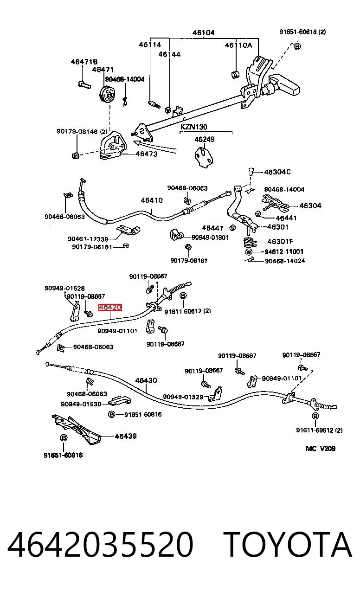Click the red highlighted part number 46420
point(110,307)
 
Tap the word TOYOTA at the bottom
point(288,544)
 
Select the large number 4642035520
point(100,544)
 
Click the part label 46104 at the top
point(204,33)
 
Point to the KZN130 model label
point(194,127)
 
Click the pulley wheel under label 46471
point(108,95)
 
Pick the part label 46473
point(147,154)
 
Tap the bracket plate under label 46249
point(204,158)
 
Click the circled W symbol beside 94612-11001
point(249,252)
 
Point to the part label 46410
point(152,200)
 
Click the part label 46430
point(146,380)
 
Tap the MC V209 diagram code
point(321,449)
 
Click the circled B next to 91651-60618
point(297,47)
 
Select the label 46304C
point(277,172)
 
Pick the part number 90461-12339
point(88,239)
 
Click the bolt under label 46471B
point(84,85)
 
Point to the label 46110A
point(238,45)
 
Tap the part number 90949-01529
point(183,397)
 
